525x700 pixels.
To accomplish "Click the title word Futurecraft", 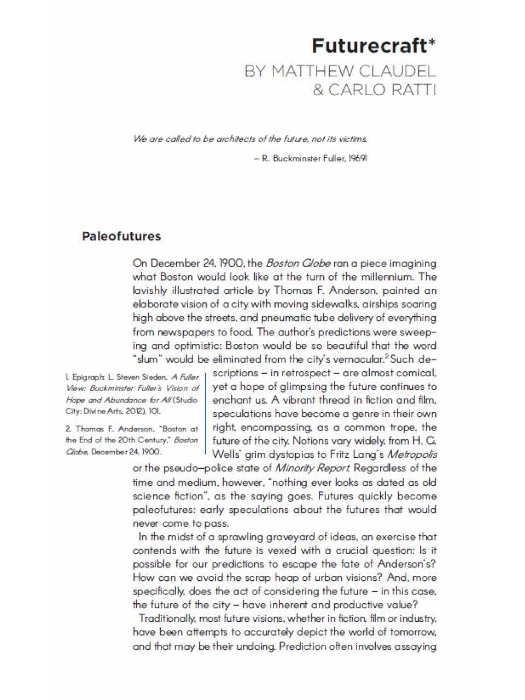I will tap(369, 46).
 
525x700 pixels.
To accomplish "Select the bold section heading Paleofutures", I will tap(121, 236).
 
